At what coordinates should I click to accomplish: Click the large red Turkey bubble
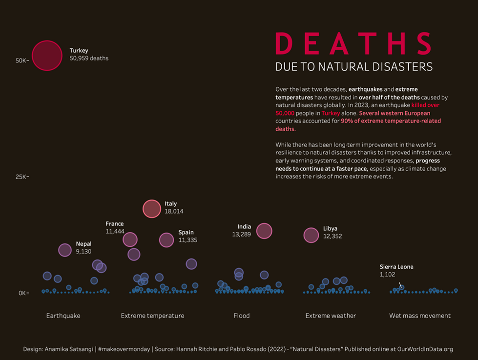47,56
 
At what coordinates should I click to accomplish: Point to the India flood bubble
264,231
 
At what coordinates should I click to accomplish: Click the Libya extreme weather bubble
311,235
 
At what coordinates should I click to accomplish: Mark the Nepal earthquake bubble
65,250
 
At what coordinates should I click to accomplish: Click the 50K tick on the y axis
22,60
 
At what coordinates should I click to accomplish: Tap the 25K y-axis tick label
22,177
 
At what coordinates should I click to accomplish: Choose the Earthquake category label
63,316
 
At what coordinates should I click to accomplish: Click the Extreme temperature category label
152,316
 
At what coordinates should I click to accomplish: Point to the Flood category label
242,316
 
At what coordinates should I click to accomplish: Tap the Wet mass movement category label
420,316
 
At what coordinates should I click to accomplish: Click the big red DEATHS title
353,44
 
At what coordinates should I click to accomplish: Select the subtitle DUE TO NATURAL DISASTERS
354,67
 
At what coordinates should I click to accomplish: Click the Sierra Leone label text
396,267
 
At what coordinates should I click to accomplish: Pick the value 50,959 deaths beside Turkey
89,58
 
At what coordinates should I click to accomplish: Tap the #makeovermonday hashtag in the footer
123,349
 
